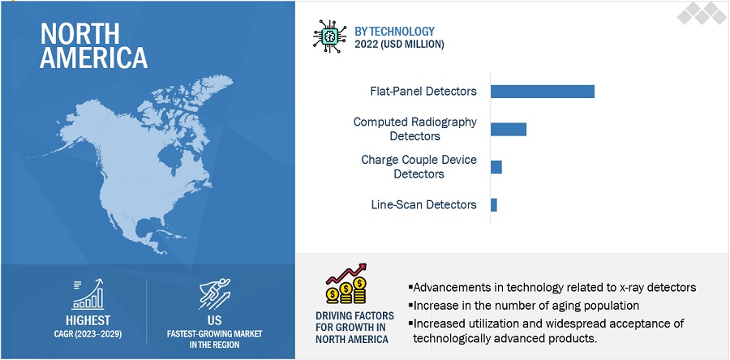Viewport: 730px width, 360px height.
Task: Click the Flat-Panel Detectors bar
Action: click(x=543, y=92)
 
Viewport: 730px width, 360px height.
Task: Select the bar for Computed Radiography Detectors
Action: click(x=509, y=129)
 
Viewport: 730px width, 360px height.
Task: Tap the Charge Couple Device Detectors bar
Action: click(x=496, y=167)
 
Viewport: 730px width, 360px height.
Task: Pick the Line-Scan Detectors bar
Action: click(x=494, y=205)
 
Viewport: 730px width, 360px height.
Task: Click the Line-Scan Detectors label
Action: click(x=423, y=204)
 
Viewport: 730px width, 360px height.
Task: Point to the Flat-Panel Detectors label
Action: click(x=423, y=91)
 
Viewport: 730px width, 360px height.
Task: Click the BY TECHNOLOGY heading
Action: click(x=394, y=32)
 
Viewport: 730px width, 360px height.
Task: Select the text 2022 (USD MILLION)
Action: click(x=399, y=45)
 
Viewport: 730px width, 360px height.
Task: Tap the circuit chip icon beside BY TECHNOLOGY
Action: click(x=329, y=36)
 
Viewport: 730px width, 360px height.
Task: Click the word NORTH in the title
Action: click(x=79, y=34)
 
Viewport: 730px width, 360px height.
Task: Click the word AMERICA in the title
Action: click(x=93, y=58)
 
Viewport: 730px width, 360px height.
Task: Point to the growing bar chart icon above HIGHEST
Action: click(x=88, y=294)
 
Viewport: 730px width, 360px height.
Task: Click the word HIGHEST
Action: click(x=88, y=320)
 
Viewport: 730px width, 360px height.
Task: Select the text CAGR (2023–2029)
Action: click(x=88, y=334)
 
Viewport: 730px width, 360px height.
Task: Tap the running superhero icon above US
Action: click(x=215, y=294)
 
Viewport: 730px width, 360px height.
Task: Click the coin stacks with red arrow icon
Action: click(x=346, y=284)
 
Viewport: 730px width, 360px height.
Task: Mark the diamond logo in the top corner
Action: click(x=701, y=13)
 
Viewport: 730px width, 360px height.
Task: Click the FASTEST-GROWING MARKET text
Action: click(x=215, y=334)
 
